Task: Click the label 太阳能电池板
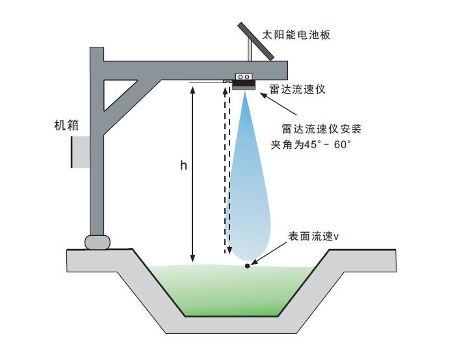click(x=296, y=35)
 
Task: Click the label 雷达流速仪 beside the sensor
click(x=297, y=89)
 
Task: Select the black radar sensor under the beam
click(x=244, y=81)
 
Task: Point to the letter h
click(x=183, y=166)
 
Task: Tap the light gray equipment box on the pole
click(x=81, y=151)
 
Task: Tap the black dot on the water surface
click(x=247, y=265)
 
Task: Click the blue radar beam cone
click(x=251, y=195)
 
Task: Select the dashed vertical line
click(x=226, y=169)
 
